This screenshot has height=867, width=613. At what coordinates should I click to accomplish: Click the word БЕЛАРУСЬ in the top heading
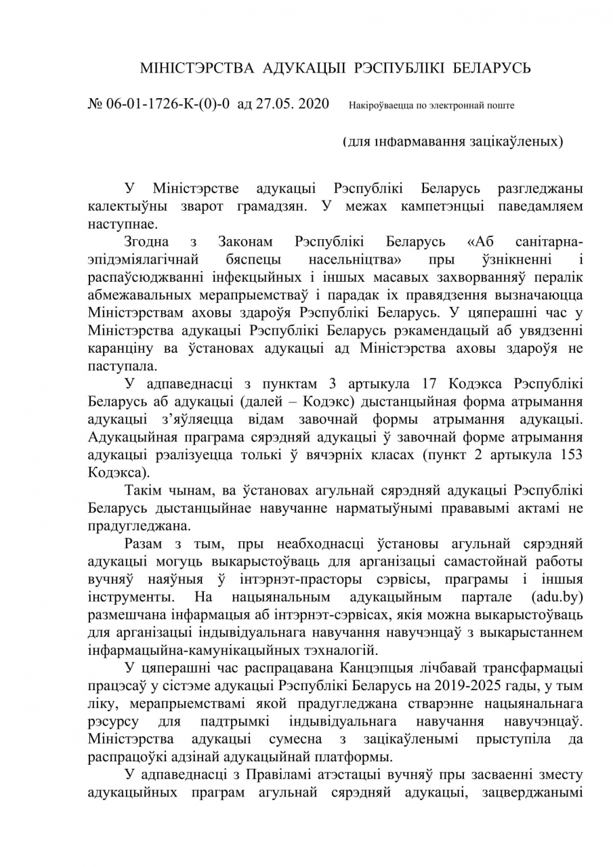tap(492, 68)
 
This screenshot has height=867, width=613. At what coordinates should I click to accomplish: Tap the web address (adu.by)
tap(557, 597)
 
